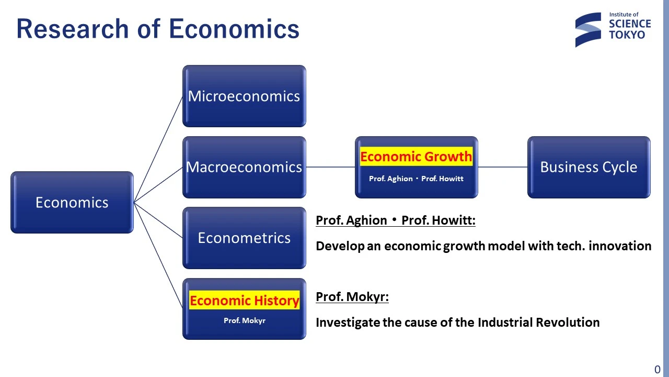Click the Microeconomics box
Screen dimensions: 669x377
244,96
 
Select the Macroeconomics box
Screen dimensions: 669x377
244,167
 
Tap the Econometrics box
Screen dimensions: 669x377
244,238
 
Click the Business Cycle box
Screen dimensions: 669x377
589,167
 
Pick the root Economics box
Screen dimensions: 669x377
72,202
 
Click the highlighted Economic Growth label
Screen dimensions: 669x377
416,156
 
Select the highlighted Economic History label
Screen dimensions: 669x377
244,300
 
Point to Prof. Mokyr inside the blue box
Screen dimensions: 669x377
244,320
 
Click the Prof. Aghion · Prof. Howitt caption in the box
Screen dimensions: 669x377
416,179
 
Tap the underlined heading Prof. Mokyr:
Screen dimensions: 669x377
352,297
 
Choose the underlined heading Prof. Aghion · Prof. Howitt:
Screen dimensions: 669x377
396,220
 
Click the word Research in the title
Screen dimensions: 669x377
73,29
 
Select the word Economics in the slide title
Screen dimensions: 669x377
234,29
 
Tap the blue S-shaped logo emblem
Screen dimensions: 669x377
588,30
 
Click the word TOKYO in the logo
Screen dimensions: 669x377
627,35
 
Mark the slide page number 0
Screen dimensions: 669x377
658,370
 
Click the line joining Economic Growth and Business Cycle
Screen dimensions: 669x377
503,167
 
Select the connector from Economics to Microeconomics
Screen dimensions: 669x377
158,149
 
